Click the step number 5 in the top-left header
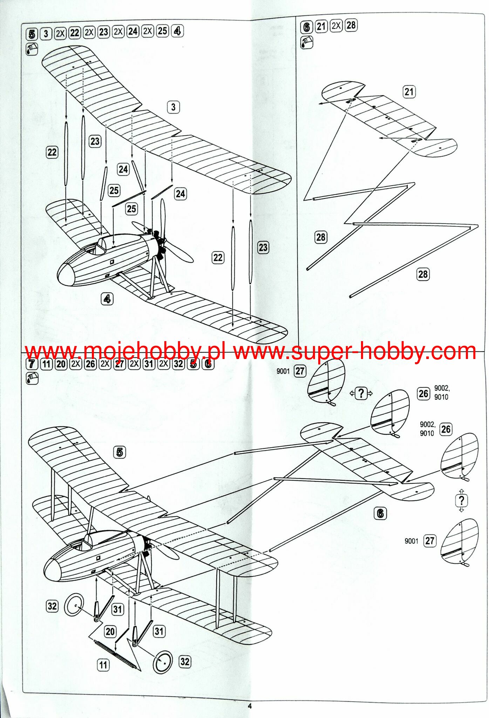pos(32,34)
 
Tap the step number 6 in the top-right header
pos(306,27)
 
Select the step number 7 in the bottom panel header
pos(32,364)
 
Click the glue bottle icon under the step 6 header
pos(306,42)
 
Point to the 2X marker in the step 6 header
pos(336,26)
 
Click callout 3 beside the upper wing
pos(173,107)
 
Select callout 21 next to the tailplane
pos(409,92)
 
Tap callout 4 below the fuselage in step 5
pos(107,299)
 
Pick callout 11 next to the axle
pos(103,665)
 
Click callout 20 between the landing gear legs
pos(110,631)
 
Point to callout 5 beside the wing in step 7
pos(120,452)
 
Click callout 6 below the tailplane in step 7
pos(380,514)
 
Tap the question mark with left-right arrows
pos(361,393)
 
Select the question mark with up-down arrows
pos(462,500)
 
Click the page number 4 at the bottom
pos(250,706)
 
